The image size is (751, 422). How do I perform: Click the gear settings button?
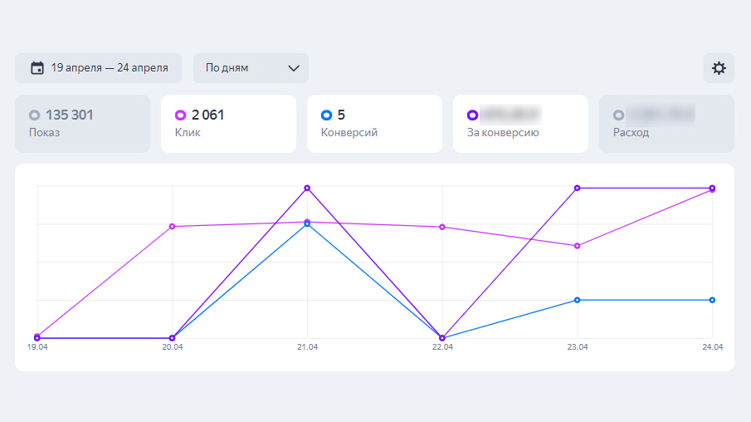(x=719, y=68)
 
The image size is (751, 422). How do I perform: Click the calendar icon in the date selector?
(x=37, y=68)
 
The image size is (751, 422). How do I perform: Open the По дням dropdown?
(x=251, y=68)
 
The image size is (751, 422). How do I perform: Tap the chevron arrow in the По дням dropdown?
(x=293, y=68)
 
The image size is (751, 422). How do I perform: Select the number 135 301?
(x=70, y=115)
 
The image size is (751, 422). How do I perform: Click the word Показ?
(x=44, y=132)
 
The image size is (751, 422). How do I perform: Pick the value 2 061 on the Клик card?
(x=207, y=115)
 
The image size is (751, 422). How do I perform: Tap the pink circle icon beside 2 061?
(x=180, y=115)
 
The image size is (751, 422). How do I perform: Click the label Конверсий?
(x=349, y=132)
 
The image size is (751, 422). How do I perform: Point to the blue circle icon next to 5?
(x=326, y=115)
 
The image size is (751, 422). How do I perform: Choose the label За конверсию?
(x=503, y=132)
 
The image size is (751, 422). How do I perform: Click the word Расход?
(x=631, y=132)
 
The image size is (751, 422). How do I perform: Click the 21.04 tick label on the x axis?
(x=307, y=347)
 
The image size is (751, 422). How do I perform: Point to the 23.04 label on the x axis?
(x=578, y=347)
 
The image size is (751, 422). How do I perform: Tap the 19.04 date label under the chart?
(x=37, y=347)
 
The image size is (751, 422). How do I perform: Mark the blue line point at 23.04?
(x=577, y=300)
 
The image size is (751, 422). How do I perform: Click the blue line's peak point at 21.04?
(x=307, y=224)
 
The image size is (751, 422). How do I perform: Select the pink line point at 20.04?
(x=172, y=227)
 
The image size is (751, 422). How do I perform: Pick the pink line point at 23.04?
(x=577, y=246)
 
